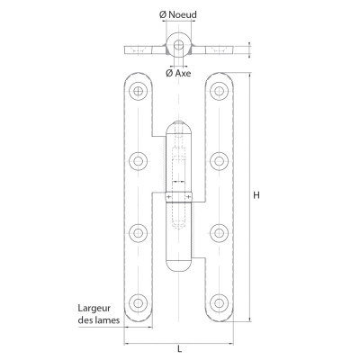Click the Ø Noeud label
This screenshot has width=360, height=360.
[x=178, y=14]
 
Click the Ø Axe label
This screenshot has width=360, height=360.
[x=178, y=73]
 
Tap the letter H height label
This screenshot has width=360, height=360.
[x=256, y=195]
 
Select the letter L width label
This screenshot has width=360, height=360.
[x=179, y=349]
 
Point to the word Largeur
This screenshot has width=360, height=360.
[x=94, y=309]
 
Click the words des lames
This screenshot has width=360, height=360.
[x=99, y=320]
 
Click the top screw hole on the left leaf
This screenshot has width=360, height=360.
[x=138, y=91]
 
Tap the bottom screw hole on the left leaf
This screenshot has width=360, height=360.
[x=138, y=303]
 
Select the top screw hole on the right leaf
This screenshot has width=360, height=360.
[x=219, y=91]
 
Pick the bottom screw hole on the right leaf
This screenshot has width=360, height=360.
[x=219, y=303]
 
